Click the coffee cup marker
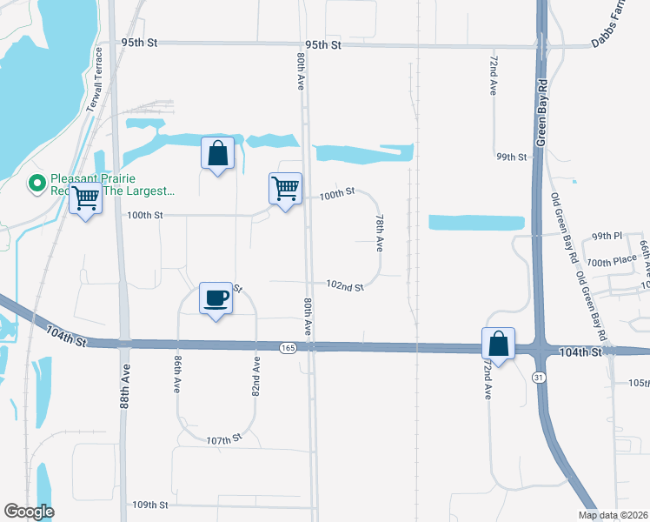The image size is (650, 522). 216,298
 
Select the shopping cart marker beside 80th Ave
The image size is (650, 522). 285,189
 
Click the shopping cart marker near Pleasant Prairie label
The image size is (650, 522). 85,199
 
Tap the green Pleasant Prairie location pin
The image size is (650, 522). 36,184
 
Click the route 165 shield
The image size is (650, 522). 288,348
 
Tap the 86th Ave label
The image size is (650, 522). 177,372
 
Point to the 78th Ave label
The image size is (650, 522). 380,233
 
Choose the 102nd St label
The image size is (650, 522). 344,286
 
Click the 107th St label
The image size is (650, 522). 223,441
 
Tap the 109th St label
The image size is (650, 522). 149,505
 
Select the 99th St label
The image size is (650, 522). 512,157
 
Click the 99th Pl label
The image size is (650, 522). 607,236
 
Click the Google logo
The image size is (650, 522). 29,512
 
